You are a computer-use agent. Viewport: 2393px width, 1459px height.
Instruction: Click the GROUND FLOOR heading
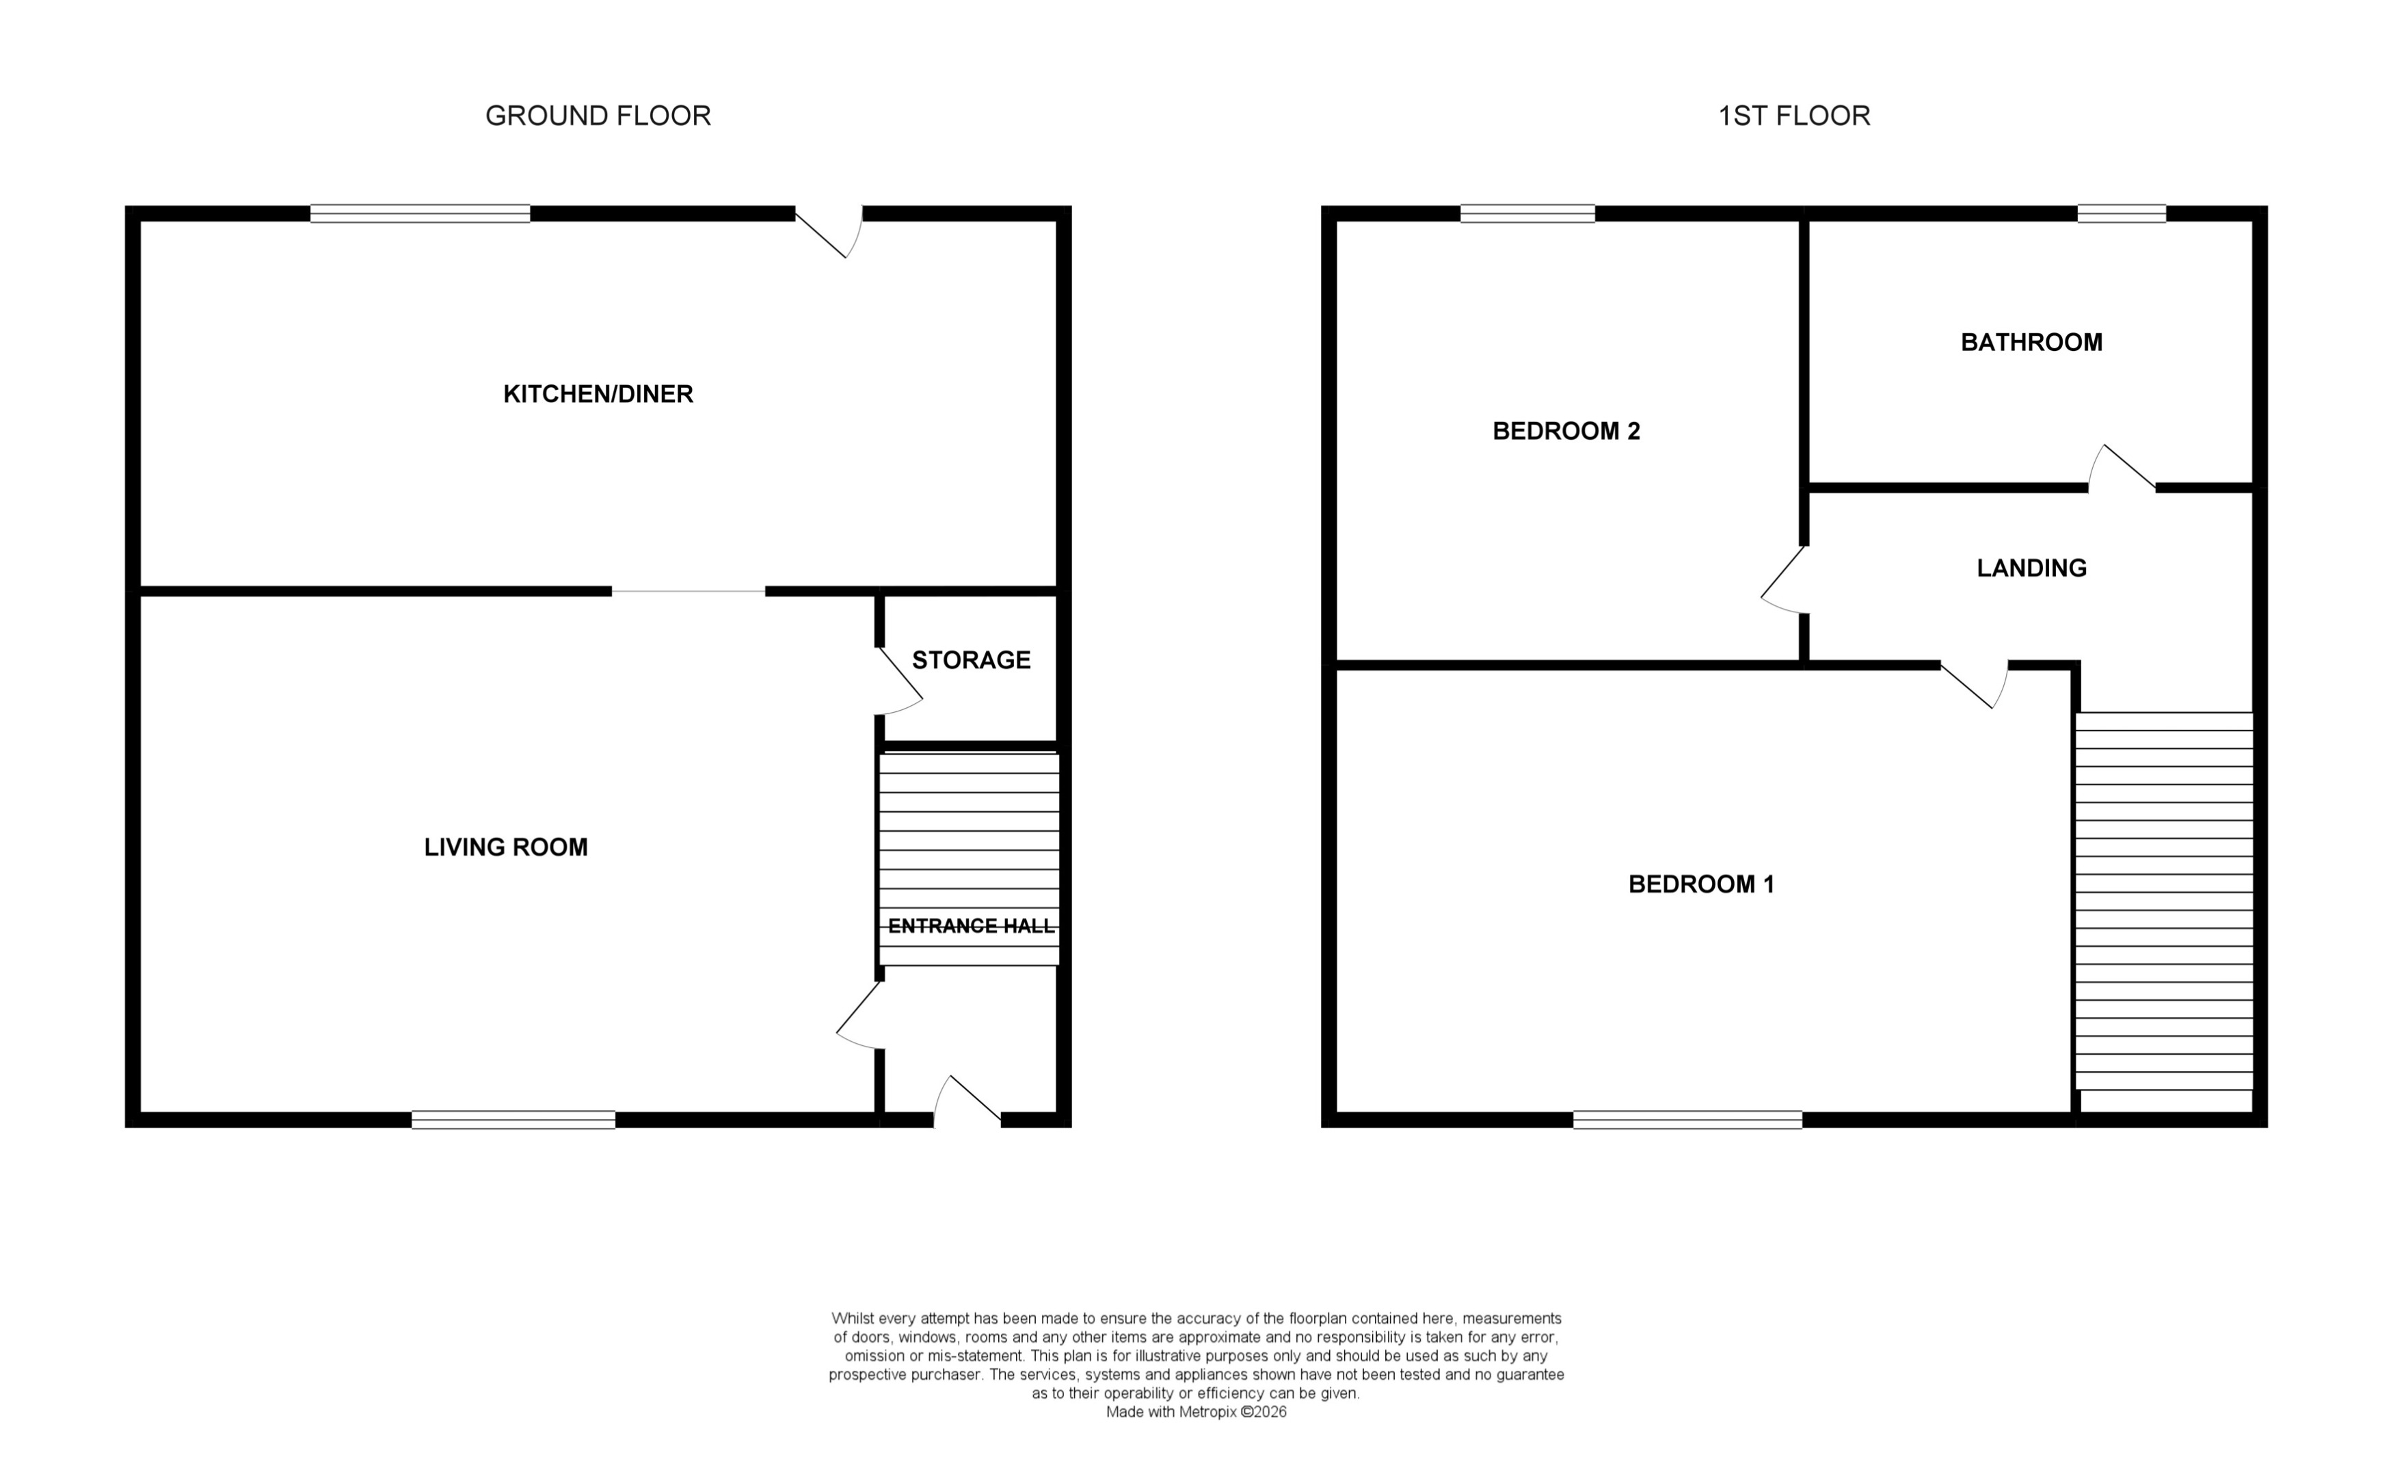(598, 116)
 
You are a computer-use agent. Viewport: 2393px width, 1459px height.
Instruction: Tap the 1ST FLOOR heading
(1794, 116)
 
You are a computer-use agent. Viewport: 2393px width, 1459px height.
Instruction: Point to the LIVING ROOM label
(505, 847)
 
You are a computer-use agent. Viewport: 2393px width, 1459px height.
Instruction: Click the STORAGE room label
(970, 661)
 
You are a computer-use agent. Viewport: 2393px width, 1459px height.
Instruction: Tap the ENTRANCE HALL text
(970, 925)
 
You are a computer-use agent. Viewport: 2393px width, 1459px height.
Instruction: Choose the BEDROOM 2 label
(1566, 432)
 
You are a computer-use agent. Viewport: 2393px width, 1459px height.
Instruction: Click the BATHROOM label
(2031, 342)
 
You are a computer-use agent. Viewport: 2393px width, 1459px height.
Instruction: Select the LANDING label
(2031, 568)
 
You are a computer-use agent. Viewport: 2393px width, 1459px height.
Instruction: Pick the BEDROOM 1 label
(1700, 884)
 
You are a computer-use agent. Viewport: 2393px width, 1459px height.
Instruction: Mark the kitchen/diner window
(420, 213)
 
